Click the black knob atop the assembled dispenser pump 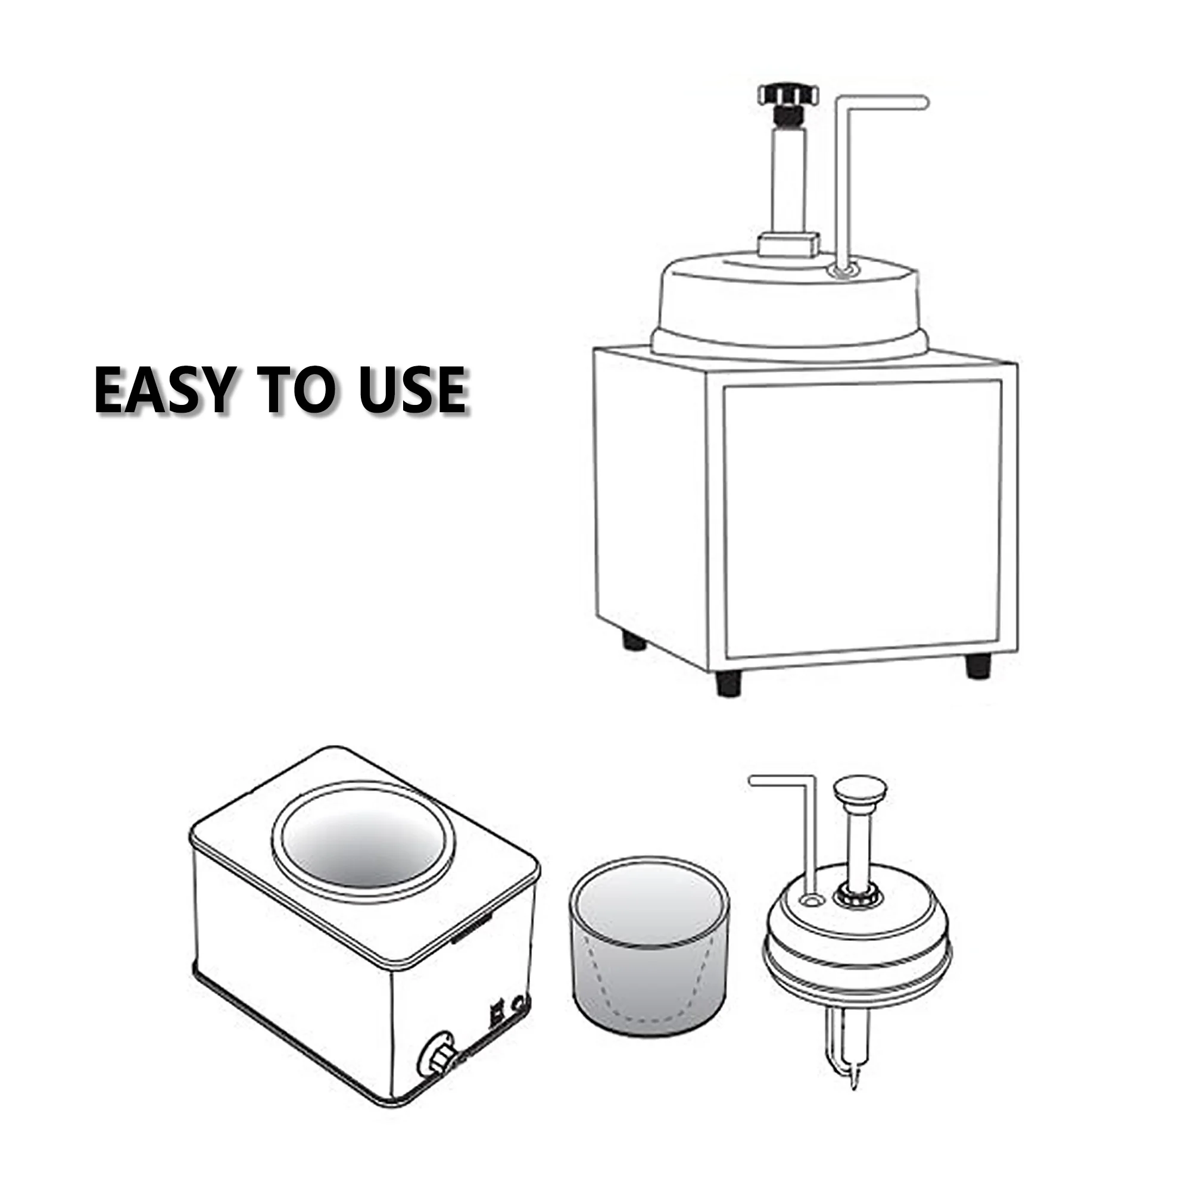coord(788,95)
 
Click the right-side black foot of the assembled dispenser coord(978,666)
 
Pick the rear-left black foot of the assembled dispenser coord(634,642)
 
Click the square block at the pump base coord(788,244)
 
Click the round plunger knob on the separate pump coord(859,790)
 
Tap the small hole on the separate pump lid coord(807,901)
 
